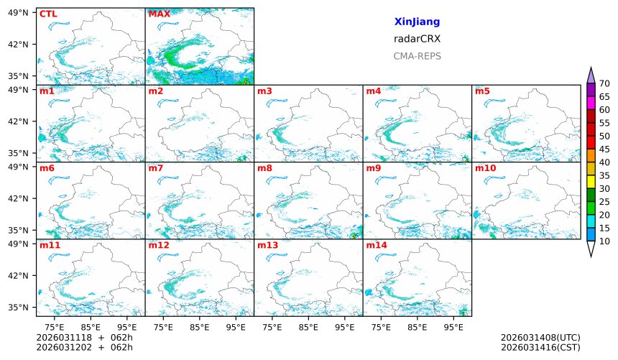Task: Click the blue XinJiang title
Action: pyautogui.click(x=417, y=22)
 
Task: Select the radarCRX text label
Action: pyautogui.click(x=417, y=40)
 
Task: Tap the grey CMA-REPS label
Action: pyautogui.click(x=417, y=56)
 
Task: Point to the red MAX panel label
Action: pyautogui.click(x=159, y=14)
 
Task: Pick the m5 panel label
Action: pyautogui.click(x=482, y=91)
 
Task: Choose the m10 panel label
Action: pyautogui.click(x=485, y=168)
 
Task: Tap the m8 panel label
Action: pyautogui.click(x=264, y=168)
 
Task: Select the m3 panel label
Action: pyautogui.click(x=264, y=91)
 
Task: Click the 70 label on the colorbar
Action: pyautogui.click(x=604, y=84)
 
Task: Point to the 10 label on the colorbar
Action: pyautogui.click(x=604, y=241)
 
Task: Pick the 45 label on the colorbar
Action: pyautogui.click(x=604, y=149)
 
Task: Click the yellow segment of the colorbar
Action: pyautogui.click(x=591, y=182)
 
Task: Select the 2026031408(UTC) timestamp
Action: pyautogui.click(x=540, y=338)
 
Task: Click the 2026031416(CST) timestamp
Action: pyautogui.click(x=540, y=348)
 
